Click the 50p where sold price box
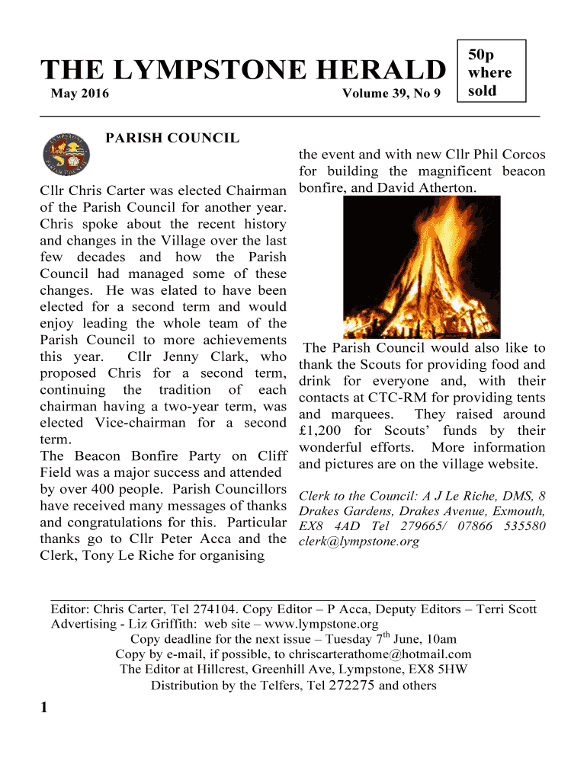point(492,72)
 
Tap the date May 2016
point(79,94)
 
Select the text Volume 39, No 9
point(391,94)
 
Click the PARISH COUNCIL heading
point(172,138)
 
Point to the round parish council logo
point(66,153)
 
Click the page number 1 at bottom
point(44,708)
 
